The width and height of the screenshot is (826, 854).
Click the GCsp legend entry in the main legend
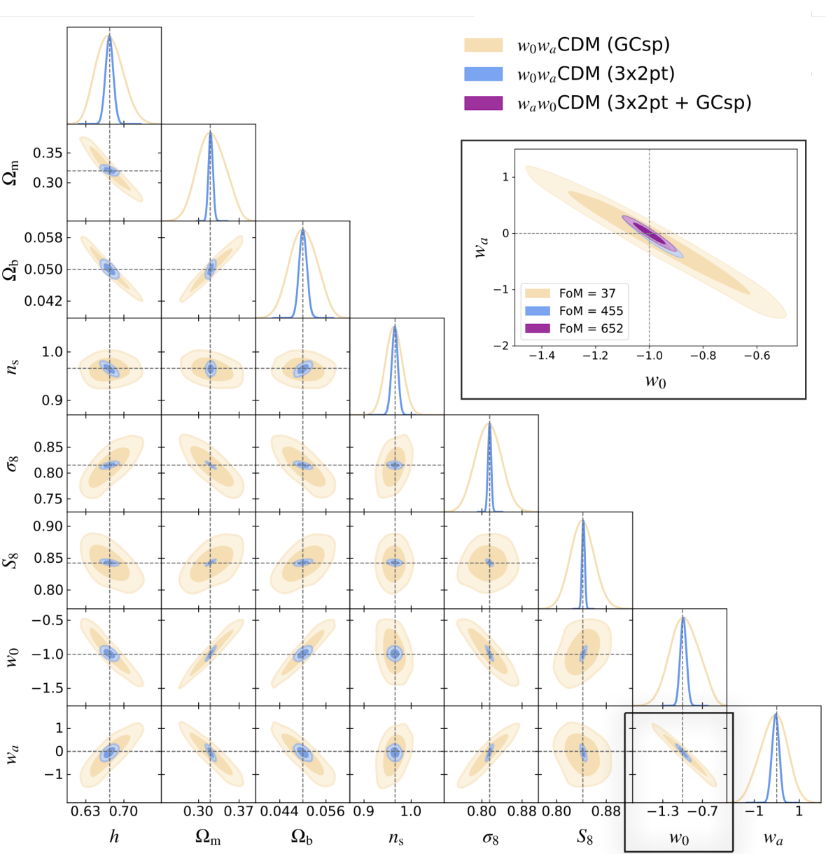click(593, 45)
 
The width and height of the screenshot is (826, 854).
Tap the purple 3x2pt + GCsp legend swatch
click(483, 103)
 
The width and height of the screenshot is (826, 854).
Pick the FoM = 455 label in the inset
click(591, 311)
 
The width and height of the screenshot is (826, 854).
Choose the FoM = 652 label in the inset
click(591, 328)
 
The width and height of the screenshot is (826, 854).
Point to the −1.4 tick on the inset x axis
click(541, 356)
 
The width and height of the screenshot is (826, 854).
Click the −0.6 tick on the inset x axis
click(757, 356)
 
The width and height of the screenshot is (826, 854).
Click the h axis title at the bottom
click(114, 836)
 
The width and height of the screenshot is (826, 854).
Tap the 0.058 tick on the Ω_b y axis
click(43, 238)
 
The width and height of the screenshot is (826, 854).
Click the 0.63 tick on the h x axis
click(85, 812)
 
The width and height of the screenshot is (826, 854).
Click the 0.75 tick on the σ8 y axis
click(49, 499)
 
